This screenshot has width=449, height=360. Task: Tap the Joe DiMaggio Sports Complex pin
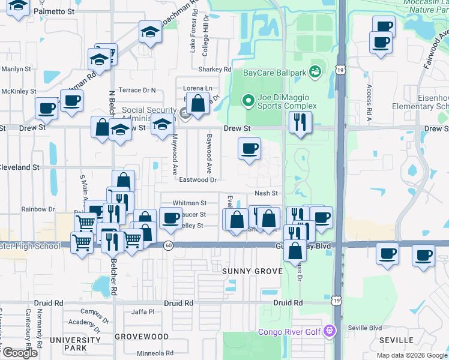point(247,100)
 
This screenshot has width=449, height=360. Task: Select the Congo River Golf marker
point(328,331)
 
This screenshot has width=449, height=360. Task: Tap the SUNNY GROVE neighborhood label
point(252,271)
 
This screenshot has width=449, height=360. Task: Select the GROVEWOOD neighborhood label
point(142,337)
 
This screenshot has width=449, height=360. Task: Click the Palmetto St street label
point(55,11)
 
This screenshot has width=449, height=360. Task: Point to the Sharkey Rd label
point(214,70)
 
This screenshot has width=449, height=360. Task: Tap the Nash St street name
point(266,193)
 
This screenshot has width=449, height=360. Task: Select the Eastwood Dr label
point(197,179)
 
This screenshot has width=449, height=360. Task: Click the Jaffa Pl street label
point(143,311)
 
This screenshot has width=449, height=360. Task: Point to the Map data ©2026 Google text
point(411,355)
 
